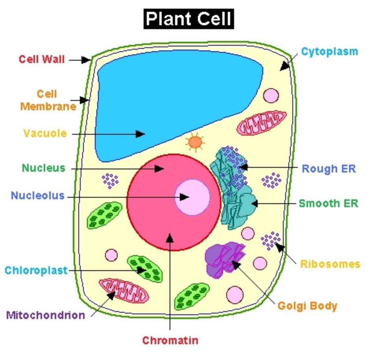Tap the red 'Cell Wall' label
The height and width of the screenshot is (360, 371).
point(42,59)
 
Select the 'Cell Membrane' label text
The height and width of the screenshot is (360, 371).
point(48,100)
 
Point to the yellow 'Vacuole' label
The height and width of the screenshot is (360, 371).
point(45,133)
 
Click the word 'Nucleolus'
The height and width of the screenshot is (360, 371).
point(38,195)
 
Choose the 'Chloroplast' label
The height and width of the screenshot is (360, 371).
point(36,271)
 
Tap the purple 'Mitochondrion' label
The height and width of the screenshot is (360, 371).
point(46,315)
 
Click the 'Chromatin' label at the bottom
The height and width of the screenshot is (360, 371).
point(170,340)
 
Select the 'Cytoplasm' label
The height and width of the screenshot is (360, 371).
point(330,52)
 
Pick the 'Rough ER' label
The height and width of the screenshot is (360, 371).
point(329,169)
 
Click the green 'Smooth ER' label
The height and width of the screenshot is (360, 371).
point(329,204)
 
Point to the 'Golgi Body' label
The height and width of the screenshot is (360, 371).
point(307,306)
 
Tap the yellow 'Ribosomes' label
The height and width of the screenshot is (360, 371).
point(330,264)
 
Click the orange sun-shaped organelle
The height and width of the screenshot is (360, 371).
point(195,142)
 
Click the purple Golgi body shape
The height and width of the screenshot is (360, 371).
point(225,260)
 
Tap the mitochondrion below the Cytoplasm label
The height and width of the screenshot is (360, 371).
point(262,123)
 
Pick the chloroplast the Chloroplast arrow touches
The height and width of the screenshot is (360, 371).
point(145,268)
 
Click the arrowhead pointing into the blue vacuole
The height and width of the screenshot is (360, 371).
point(141,134)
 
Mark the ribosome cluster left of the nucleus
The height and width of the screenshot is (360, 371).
point(111,180)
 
